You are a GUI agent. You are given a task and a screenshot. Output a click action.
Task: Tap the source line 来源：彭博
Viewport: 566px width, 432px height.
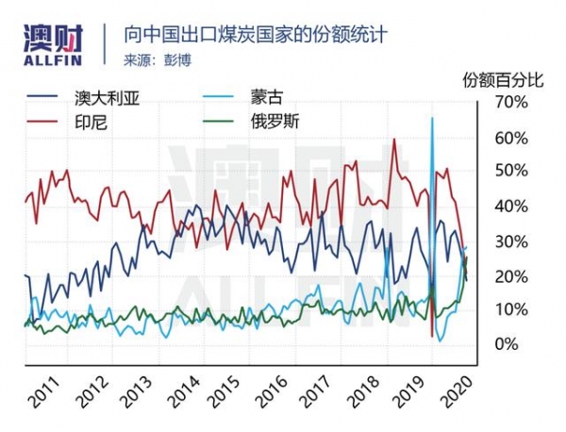click(x=156, y=60)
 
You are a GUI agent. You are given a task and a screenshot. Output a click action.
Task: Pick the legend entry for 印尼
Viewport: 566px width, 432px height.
click(x=91, y=121)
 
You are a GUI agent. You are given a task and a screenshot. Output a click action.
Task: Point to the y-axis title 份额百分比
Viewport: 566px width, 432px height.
click(x=504, y=79)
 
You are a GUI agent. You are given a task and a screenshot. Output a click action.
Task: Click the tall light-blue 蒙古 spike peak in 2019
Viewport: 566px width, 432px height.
click(x=432, y=118)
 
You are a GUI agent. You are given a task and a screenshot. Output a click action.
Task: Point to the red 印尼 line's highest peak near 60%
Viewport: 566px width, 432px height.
click(x=393, y=140)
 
